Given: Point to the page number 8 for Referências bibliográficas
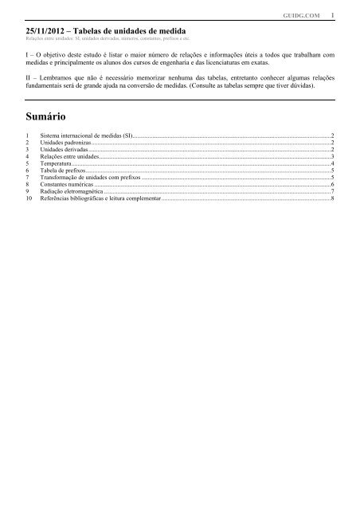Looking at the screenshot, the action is pos(332,197).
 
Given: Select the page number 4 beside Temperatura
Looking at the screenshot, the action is pos(332,163).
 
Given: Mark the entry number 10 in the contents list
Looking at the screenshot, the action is pos(29,197).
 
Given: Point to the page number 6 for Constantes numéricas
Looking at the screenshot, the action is pos(332,183).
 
